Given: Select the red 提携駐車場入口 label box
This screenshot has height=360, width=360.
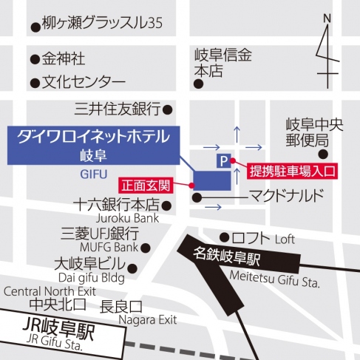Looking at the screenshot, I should click(x=293, y=171).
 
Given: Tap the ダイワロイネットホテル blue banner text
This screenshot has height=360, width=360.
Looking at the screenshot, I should click(x=93, y=136).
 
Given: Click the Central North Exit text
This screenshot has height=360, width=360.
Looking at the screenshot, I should click(x=50, y=291).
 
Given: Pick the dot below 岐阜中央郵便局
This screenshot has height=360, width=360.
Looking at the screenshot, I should click(x=323, y=154).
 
